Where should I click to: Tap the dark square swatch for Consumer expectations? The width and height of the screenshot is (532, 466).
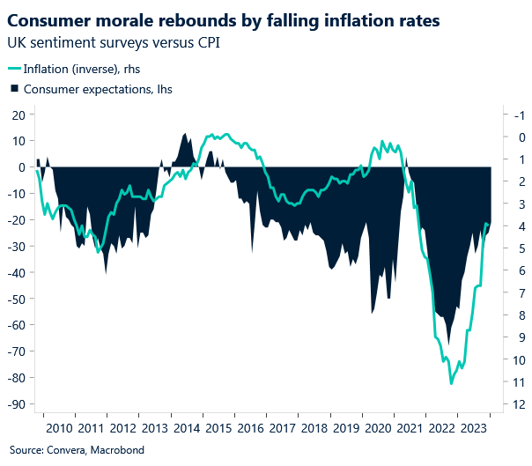[x=13, y=89]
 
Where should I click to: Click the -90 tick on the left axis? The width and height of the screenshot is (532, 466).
[x=15, y=404]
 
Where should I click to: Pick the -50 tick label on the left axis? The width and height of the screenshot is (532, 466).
[x=15, y=299]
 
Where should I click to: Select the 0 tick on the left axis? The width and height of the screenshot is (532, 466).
[x=21, y=166]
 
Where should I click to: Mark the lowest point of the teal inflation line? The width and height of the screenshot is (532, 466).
[x=451, y=383]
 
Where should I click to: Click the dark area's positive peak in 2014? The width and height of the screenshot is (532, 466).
[x=185, y=134]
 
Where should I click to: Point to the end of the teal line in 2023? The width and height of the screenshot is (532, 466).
[x=489, y=224]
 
